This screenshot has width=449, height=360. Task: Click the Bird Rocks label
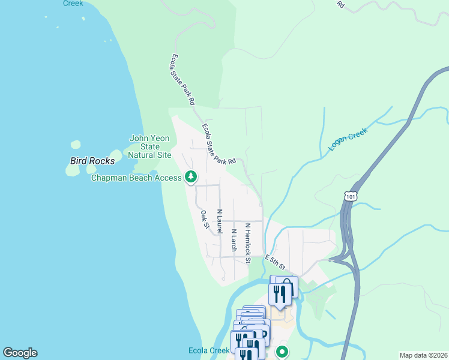92,161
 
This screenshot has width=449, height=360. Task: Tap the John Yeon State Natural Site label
151,146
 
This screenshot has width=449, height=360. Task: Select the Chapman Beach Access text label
136,178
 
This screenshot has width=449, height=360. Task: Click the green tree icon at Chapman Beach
191,176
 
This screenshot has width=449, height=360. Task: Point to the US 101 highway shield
351,196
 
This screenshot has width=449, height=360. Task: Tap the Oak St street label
205,220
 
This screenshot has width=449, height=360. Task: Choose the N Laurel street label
220,222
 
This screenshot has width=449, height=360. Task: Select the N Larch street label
234,239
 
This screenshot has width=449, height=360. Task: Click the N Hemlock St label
247,244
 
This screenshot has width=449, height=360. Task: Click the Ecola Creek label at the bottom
209,351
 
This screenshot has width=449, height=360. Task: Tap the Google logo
20,353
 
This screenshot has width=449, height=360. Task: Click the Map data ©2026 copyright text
423,355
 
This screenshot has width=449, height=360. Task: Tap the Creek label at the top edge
74,3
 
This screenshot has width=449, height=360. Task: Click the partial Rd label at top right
340,4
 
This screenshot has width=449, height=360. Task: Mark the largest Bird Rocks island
72,170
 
